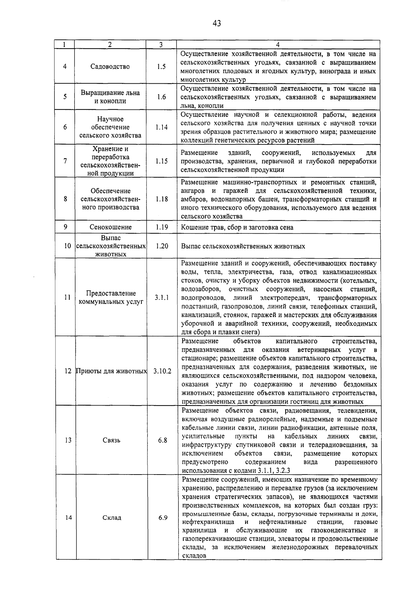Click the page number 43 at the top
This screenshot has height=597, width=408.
[x=217, y=23]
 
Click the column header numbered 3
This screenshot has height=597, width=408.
[x=161, y=45]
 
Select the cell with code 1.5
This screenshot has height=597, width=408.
[x=161, y=67]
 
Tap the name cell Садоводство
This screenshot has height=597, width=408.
[x=110, y=67]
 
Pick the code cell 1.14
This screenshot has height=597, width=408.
[x=161, y=127]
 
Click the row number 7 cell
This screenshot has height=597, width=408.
[x=65, y=161]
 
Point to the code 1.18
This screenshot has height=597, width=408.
[x=161, y=199]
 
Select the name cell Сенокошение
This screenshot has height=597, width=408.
[x=111, y=227]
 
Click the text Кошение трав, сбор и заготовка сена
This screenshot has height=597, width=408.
[x=237, y=227]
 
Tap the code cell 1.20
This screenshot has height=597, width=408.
[x=162, y=246]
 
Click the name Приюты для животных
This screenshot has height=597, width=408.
[x=111, y=371]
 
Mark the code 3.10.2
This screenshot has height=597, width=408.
[x=162, y=371]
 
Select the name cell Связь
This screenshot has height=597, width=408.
[x=111, y=440]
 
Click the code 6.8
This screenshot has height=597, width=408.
[x=163, y=440]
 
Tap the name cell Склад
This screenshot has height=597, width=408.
[x=112, y=517]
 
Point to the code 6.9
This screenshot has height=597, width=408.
[x=163, y=517]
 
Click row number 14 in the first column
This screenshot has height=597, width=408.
[x=68, y=517]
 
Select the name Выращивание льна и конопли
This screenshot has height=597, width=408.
[x=110, y=97]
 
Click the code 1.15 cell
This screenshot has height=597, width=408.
[x=161, y=161]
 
